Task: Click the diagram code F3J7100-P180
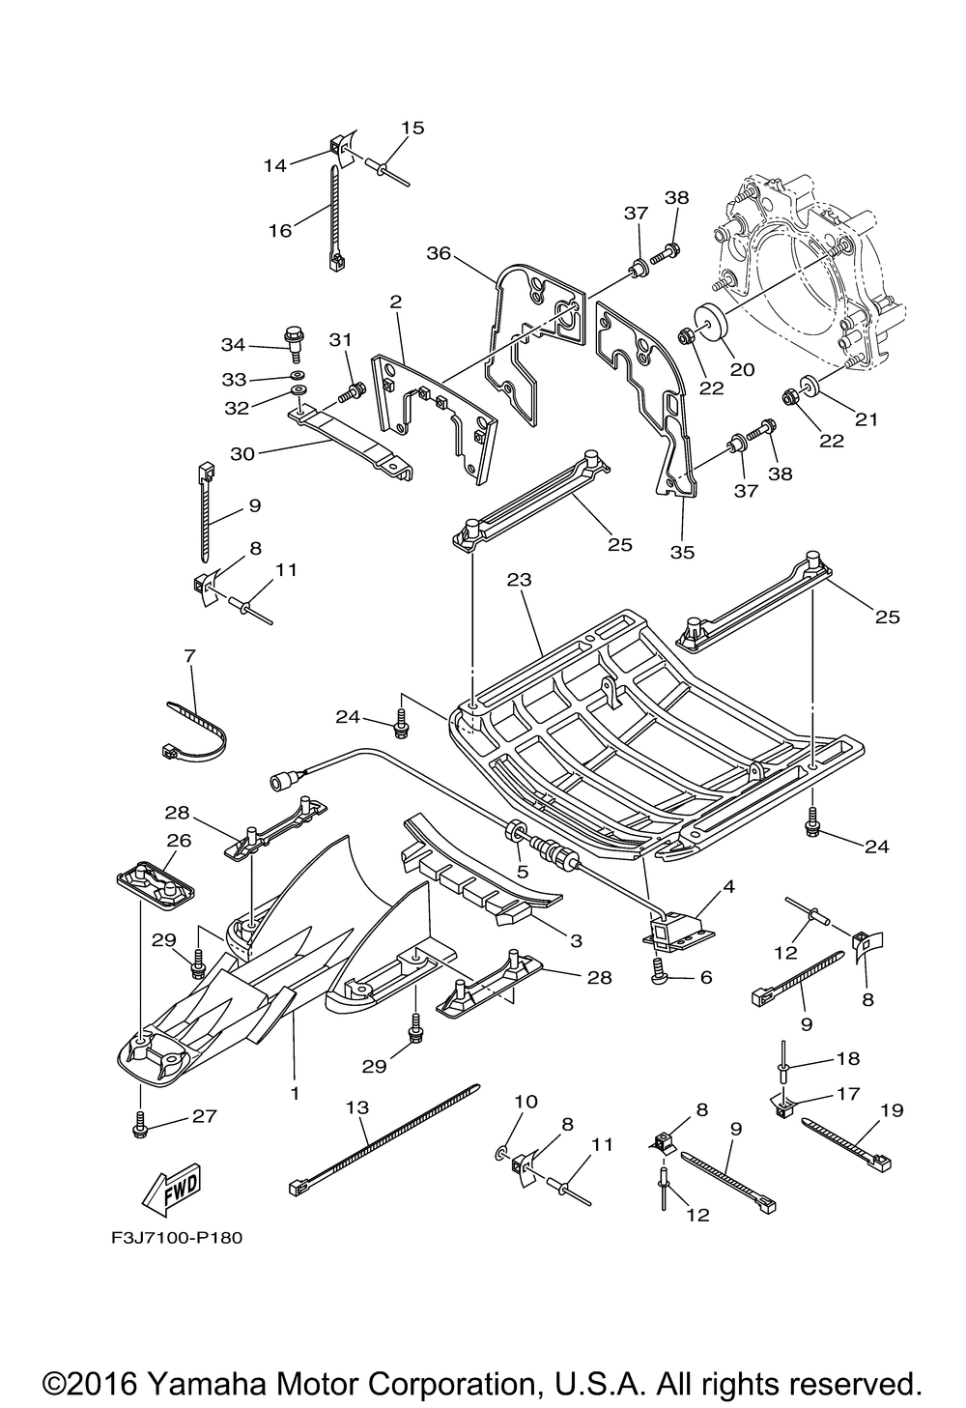coord(177,1239)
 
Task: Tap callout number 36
coord(439,253)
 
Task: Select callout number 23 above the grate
coord(519,579)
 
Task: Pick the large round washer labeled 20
coord(710,322)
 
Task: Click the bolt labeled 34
coord(294,343)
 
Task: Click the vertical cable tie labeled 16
coord(334,218)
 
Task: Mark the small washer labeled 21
coord(809,385)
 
